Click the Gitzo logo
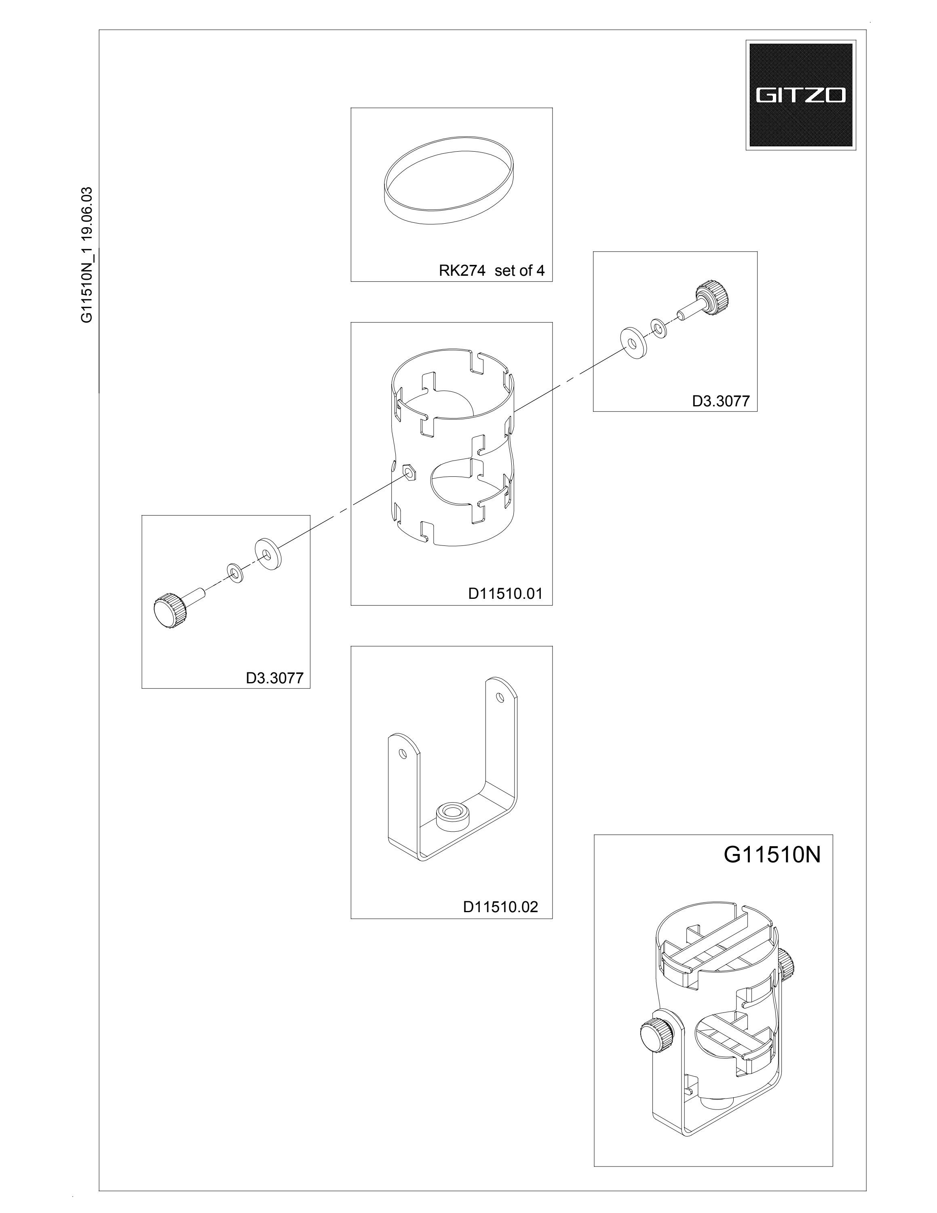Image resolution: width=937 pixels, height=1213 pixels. (x=800, y=95)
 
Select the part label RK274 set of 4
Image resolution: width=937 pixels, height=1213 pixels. (x=492, y=271)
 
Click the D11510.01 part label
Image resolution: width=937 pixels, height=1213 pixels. (x=505, y=594)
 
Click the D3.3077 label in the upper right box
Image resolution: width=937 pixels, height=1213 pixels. (x=721, y=401)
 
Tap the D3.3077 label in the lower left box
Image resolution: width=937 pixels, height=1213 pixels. (x=275, y=678)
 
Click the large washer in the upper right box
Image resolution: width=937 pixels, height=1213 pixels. (x=631, y=342)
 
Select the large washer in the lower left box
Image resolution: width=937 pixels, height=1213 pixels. (x=268, y=555)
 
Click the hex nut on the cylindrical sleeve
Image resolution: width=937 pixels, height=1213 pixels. (x=409, y=473)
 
